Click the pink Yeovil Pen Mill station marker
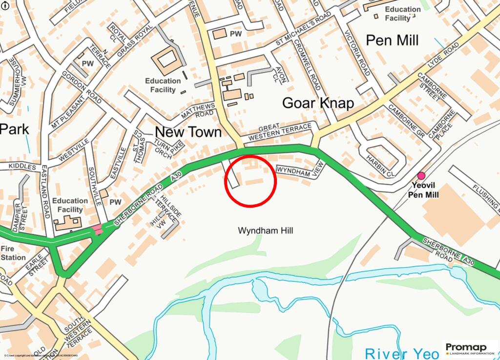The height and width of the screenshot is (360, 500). tap(421, 176)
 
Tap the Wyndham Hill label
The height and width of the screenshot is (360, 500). tap(265, 230)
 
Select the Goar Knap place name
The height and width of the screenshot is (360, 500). tap(318, 103)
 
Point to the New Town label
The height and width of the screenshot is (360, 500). tap(188, 132)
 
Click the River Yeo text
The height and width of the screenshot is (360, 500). tap(402, 353)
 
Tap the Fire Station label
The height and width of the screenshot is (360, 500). tap(13, 253)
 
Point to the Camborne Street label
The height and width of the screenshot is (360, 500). tap(430, 85)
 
